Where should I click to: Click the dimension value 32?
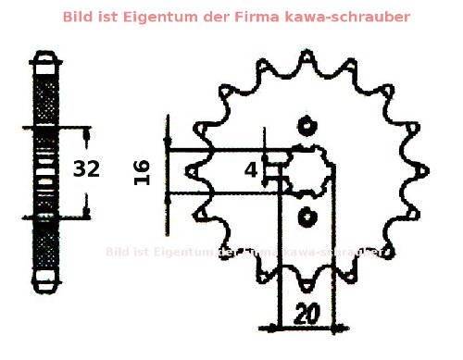click(x=86, y=169)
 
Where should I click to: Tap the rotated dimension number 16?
click(x=142, y=171)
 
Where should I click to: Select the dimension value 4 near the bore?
click(x=251, y=169)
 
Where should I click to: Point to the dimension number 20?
click(x=306, y=313)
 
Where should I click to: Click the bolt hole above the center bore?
click(x=307, y=126)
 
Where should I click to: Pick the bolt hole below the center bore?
click(x=307, y=216)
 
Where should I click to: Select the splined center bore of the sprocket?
click(x=307, y=171)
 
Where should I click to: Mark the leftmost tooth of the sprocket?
click(x=191, y=171)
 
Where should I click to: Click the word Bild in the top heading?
click(x=79, y=17)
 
